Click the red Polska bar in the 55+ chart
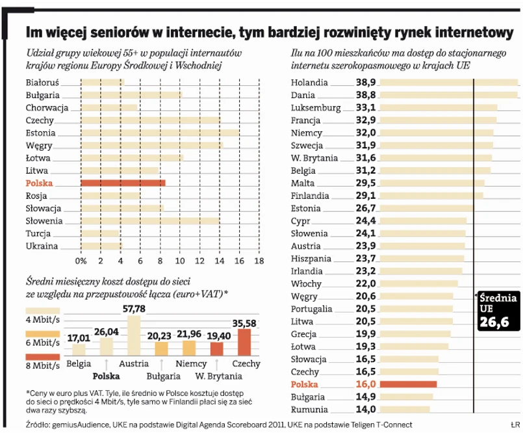pos(123,183)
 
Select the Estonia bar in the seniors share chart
pos(160,133)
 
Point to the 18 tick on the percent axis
pos(259,261)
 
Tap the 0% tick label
pos(81,261)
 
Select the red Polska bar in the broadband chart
pos(407,384)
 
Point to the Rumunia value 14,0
pos(366,410)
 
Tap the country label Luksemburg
pos(316,108)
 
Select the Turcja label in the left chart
pos(39,234)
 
